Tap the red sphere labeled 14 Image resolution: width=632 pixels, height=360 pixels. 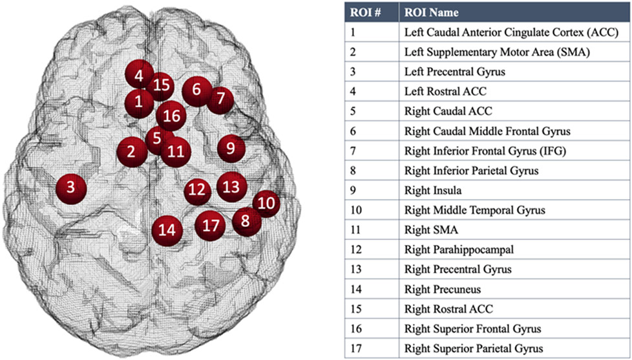[167, 229]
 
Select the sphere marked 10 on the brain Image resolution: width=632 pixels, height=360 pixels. [266, 204]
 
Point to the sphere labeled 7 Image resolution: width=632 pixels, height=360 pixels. [221, 99]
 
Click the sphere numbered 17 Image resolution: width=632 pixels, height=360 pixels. [211, 226]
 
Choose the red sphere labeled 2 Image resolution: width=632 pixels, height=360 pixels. [131, 153]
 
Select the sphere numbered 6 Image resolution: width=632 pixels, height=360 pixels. [197, 90]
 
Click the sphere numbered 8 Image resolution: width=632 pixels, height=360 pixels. [245, 220]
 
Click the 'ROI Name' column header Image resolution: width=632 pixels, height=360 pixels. [423, 12]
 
